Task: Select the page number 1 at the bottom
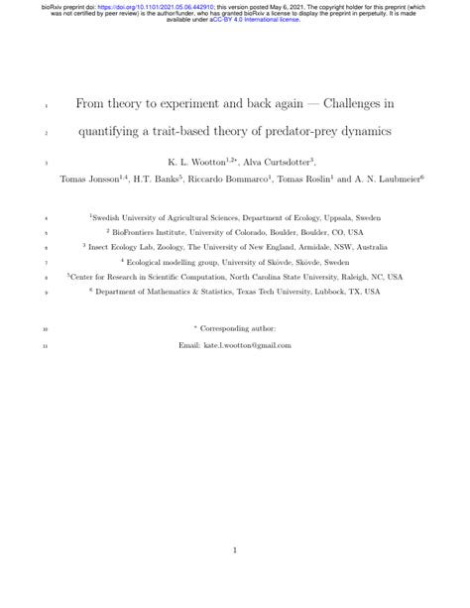235,549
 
